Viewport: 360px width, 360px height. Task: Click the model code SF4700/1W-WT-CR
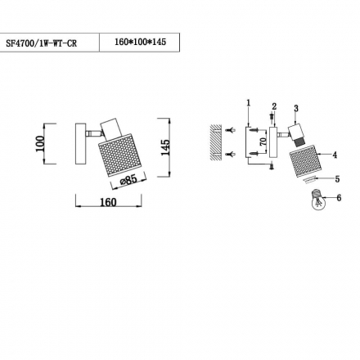pos(41,43)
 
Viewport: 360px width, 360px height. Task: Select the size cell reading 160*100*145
pos(140,42)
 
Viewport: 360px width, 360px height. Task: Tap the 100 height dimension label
pos(40,143)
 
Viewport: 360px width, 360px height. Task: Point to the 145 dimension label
pos(165,147)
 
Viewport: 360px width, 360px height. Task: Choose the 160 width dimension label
pos(108,202)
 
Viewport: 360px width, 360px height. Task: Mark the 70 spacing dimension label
pos(263,142)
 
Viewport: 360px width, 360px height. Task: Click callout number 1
pos(248,102)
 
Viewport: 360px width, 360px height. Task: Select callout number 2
pos(274,106)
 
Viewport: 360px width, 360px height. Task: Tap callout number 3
pos(296,108)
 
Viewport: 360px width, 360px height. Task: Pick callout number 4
pos(335,155)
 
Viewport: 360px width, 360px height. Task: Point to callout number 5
pos(337,179)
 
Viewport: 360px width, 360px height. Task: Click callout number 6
pos(339,197)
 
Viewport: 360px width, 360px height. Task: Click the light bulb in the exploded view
pos(317,200)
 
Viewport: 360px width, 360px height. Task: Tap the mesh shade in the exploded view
pos(306,161)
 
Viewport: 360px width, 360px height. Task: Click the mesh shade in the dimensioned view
pos(120,155)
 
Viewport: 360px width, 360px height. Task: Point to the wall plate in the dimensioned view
pos(81,144)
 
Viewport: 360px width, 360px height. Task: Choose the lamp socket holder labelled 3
pos(296,135)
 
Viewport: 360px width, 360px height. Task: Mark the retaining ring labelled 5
pos(310,180)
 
